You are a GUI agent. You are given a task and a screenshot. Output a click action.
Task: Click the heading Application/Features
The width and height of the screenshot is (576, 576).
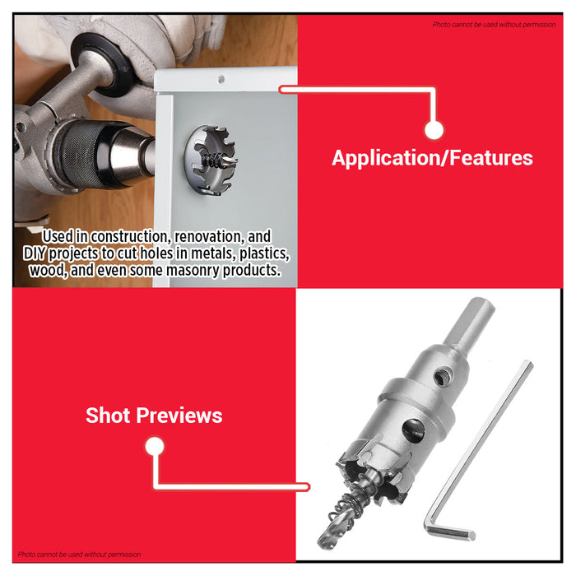click(x=432, y=158)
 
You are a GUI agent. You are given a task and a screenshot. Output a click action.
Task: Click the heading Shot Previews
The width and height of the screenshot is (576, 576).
click(x=154, y=416)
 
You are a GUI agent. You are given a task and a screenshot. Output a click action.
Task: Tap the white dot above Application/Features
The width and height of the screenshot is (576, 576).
click(x=434, y=129)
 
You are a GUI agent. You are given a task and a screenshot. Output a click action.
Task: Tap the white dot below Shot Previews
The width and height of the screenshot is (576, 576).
click(x=154, y=447)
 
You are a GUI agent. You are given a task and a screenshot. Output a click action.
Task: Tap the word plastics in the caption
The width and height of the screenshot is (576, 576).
click(x=263, y=253)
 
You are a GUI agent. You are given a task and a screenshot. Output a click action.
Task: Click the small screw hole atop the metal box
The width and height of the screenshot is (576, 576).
click(x=221, y=80)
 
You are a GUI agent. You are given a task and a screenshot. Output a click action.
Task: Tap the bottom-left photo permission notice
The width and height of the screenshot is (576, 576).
click(x=79, y=555)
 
